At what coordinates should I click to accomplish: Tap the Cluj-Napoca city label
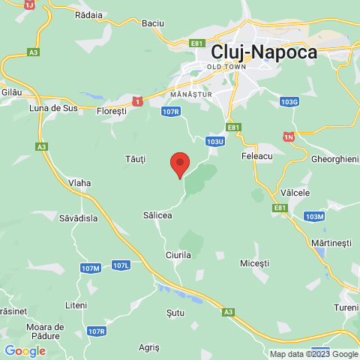(264, 52)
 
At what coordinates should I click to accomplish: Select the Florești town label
(113, 110)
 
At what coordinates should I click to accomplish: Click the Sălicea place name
(157, 215)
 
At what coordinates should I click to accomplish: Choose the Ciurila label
(178, 255)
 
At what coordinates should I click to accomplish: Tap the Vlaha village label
(79, 182)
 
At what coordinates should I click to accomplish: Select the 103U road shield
(214, 140)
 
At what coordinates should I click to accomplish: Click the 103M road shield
(315, 216)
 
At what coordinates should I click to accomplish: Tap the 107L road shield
(121, 265)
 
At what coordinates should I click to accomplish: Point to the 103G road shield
(289, 101)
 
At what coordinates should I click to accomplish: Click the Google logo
(25, 350)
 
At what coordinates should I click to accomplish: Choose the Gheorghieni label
(335, 160)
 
